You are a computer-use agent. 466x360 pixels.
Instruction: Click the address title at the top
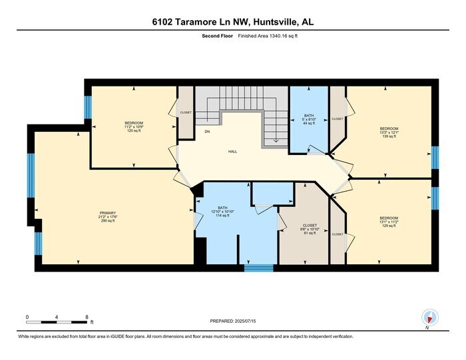click(x=232, y=22)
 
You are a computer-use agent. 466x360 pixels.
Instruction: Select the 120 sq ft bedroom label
click(x=134, y=126)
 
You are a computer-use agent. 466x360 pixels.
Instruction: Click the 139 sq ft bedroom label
click(x=389, y=132)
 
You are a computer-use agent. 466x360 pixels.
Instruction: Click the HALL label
click(x=232, y=152)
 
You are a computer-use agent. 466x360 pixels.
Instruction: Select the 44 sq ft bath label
click(x=308, y=119)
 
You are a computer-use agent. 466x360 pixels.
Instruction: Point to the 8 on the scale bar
click(x=87, y=317)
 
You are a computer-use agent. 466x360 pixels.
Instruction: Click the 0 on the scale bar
click(x=27, y=317)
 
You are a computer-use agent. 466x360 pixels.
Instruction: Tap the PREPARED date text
click(x=232, y=321)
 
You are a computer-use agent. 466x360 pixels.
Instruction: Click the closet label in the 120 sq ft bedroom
click(x=185, y=112)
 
